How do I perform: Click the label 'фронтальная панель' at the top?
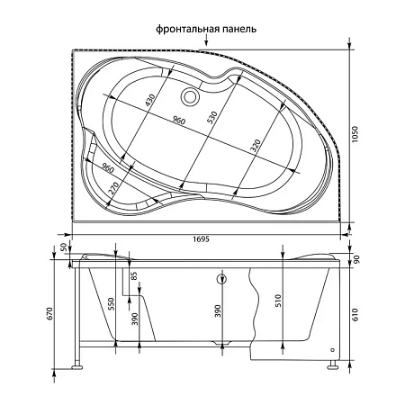[207, 29]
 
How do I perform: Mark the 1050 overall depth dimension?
[362, 134]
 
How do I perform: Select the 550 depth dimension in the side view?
[112, 303]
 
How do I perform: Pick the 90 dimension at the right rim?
[357, 260]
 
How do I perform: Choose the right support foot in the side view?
[334, 364]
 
